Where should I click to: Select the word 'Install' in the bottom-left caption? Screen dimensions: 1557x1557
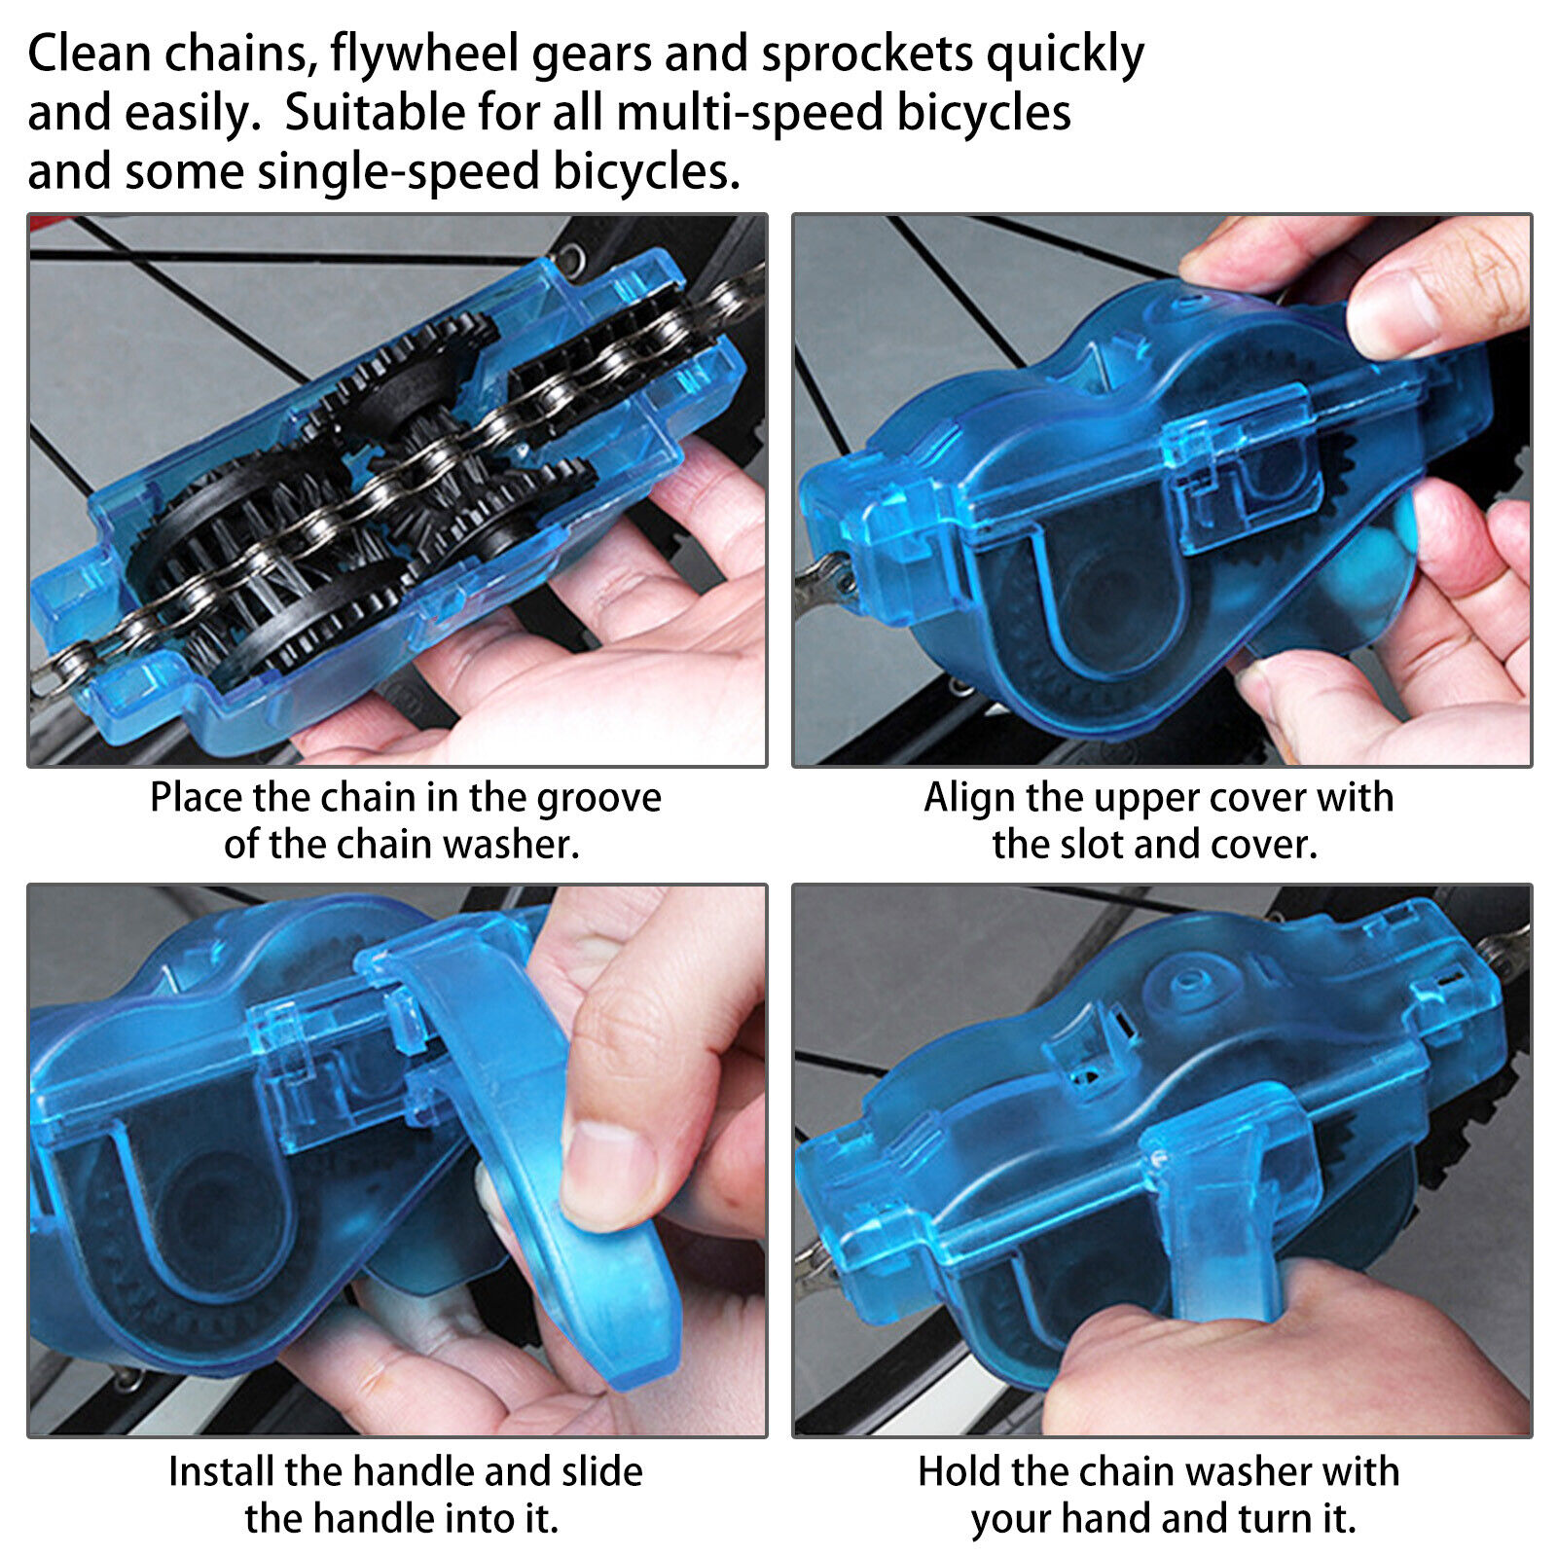click(221, 1471)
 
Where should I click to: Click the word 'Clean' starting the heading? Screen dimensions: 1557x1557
click(89, 54)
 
